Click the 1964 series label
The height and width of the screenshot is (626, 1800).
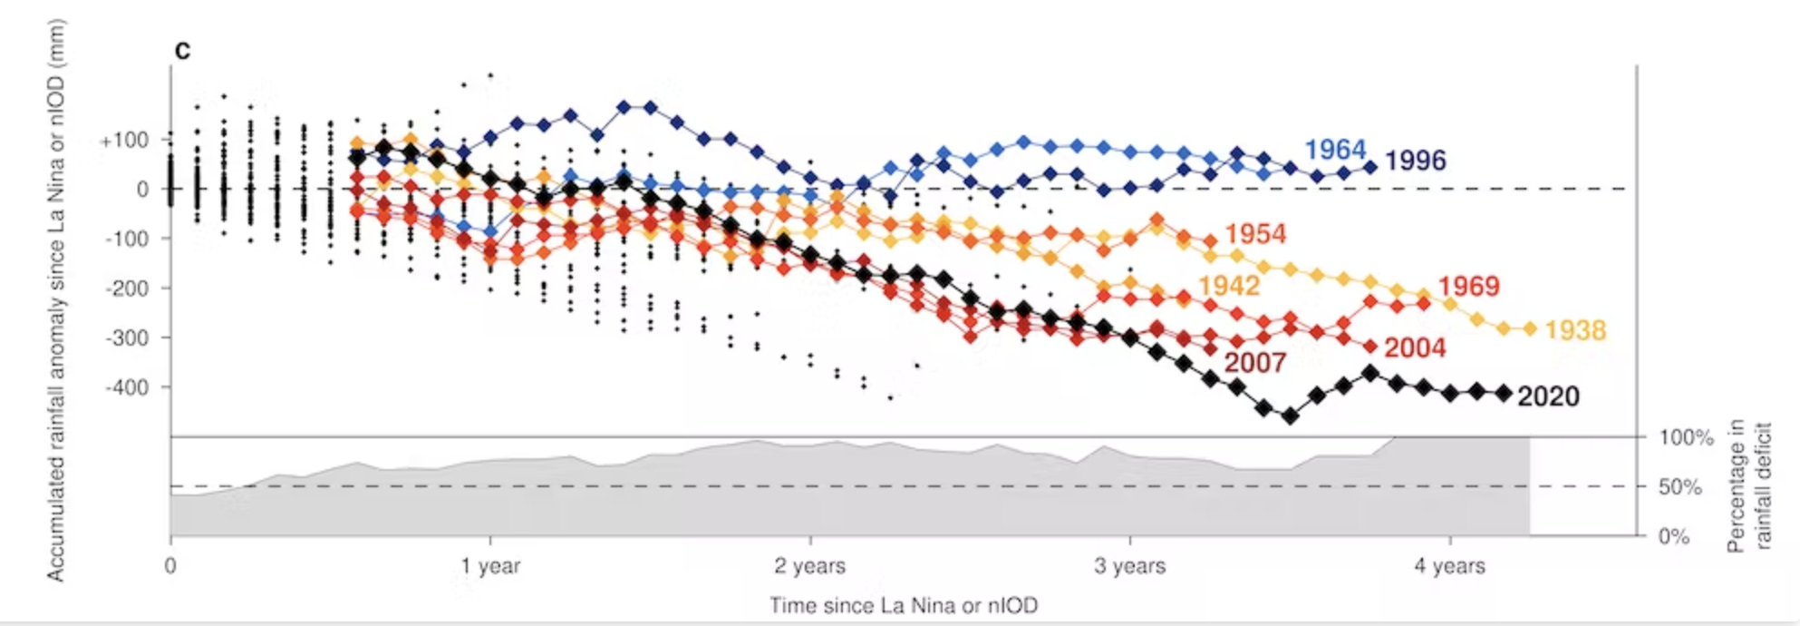[x=1334, y=150]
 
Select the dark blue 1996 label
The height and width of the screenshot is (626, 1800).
[x=1415, y=161]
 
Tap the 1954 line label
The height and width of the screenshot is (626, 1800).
[x=1254, y=234]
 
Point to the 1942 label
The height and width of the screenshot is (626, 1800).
[x=1229, y=286]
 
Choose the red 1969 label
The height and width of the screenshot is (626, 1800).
[x=1468, y=286]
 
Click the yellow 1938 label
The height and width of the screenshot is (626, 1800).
[x=1575, y=330]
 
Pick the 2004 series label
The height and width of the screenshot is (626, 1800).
[x=1415, y=347]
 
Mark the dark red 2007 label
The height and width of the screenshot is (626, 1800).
[x=1254, y=363]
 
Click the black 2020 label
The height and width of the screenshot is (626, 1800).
[x=1548, y=396]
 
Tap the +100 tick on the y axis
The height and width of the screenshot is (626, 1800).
[x=125, y=141]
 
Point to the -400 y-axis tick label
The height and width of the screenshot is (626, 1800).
[x=126, y=387]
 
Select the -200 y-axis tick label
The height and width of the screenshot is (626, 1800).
[x=126, y=289]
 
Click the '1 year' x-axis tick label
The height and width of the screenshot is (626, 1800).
[x=490, y=566]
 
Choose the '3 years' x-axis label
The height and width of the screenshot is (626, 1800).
[x=1129, y=566]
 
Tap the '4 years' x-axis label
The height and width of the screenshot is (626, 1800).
[x=1449, y=566]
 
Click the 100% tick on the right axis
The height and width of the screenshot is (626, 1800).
[x=1686, y=438]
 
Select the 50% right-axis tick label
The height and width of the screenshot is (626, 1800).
[x=1680, y=487]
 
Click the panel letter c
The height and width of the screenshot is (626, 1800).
[x=182, y=50]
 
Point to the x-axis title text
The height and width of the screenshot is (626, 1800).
[x=904, y=605]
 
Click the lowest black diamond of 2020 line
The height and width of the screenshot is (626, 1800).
[x=1290, y=416]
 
